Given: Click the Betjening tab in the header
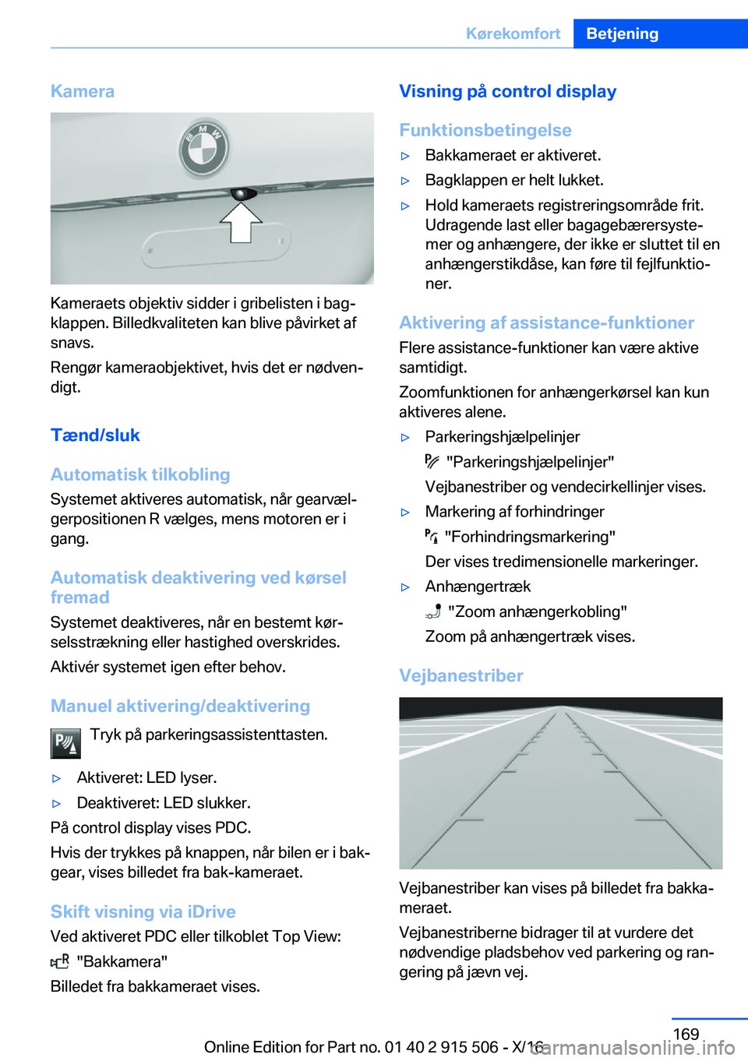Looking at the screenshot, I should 622,33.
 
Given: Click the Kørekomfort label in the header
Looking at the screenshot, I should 513,33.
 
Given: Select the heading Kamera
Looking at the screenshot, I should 83,91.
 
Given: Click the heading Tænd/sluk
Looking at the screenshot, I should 95,435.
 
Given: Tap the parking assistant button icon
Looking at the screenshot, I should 65,743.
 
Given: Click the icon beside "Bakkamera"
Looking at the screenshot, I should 60,961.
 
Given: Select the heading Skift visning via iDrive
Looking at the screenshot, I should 143,911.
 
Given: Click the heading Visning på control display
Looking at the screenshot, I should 507,91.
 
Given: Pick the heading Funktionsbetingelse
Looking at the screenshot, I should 485,130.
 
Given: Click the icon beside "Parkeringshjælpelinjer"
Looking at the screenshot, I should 432,461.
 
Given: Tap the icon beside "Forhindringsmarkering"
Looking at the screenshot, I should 432,536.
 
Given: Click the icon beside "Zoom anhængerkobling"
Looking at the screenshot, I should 433,612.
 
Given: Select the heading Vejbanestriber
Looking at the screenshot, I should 460,675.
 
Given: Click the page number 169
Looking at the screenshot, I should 686,1034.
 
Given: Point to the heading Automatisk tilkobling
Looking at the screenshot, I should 140,474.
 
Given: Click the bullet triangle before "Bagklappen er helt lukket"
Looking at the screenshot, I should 405,181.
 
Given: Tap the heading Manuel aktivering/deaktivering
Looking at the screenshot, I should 180,706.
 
